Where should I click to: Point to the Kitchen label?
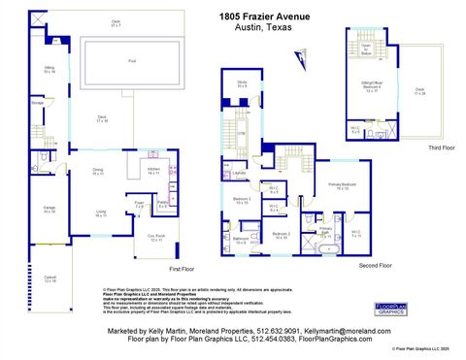(152, 170)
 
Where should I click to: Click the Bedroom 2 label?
(282, 235)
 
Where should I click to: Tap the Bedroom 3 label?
(243, 201)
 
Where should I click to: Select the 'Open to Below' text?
(367, 48)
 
